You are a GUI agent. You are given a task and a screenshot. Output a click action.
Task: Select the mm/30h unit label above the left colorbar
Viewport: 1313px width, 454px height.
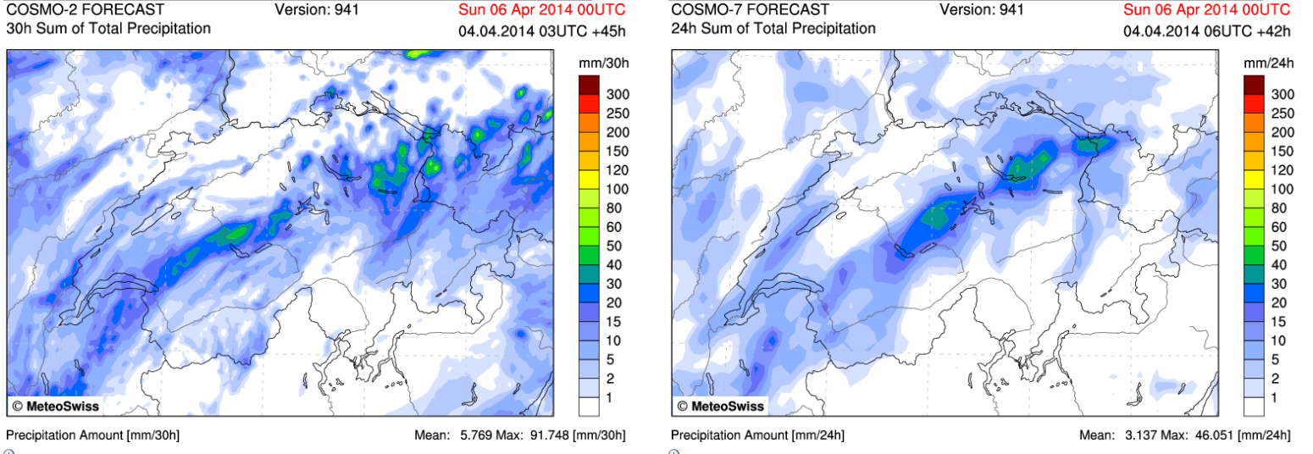pos(602,64)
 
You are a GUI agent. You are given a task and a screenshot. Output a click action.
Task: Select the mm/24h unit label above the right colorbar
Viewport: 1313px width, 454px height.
pos(1267,64)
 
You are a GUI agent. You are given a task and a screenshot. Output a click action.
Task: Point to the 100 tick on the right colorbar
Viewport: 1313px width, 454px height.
pos(1283,189)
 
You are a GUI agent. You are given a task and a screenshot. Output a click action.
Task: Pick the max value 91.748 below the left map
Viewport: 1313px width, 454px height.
pos(554,435)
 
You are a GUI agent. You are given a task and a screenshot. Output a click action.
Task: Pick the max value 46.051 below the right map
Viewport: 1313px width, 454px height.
pos(1219,435)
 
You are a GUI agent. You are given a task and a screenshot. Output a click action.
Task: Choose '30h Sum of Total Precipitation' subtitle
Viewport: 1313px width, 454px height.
pos(108,28)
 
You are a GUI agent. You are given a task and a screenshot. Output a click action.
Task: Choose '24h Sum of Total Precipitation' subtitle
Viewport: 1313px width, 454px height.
pos(773,28)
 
